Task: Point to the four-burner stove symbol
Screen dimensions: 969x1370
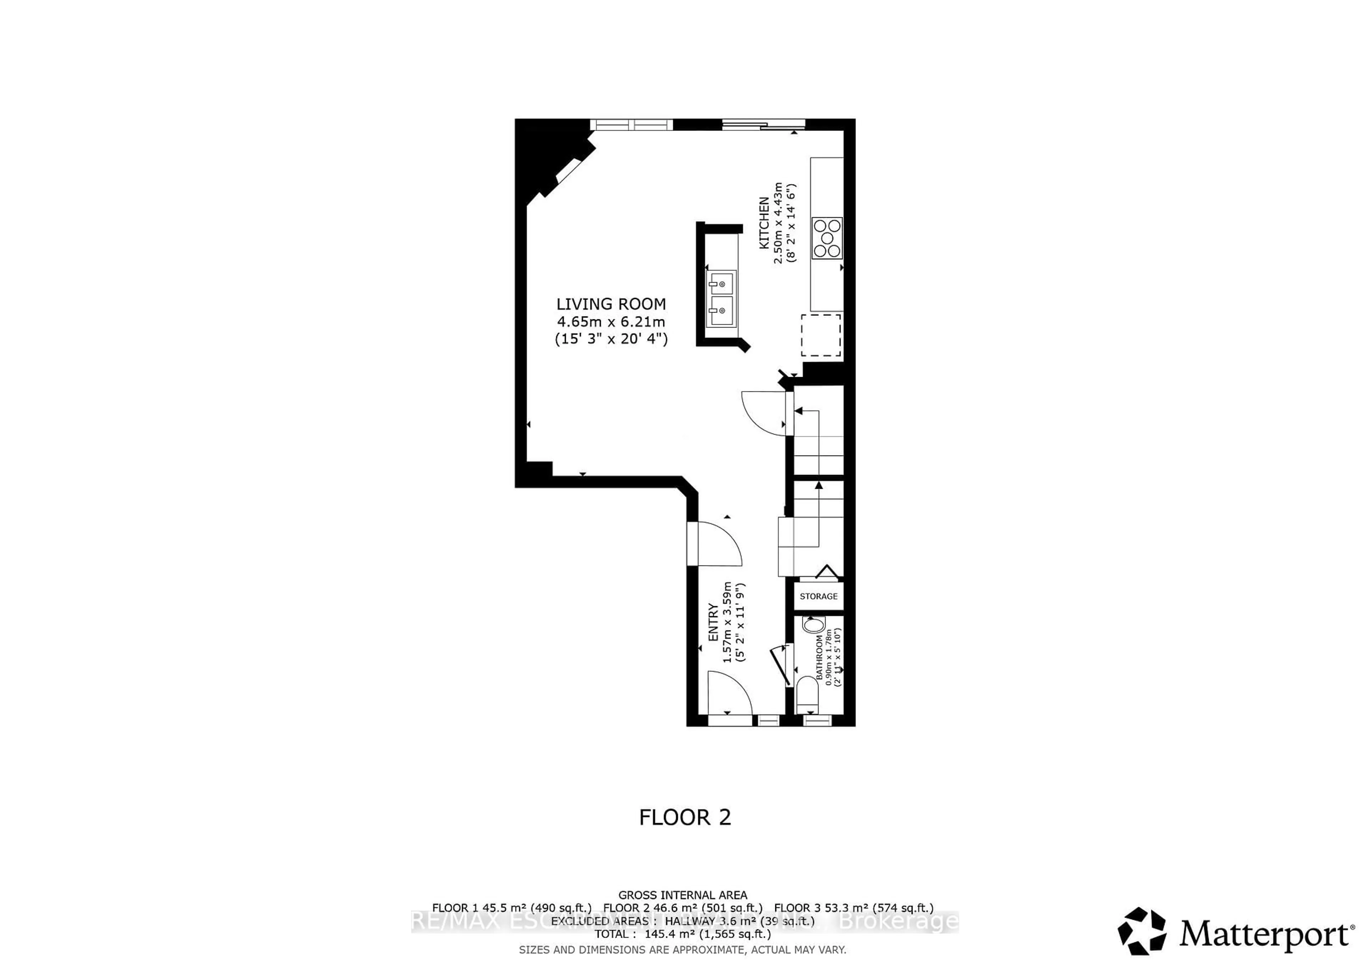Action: pos(826,238)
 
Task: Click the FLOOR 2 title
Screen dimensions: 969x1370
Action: pos(684,817)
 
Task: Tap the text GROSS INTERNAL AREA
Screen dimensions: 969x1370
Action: pos(682,895)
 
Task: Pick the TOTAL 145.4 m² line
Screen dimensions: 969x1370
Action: pos(682,934)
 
